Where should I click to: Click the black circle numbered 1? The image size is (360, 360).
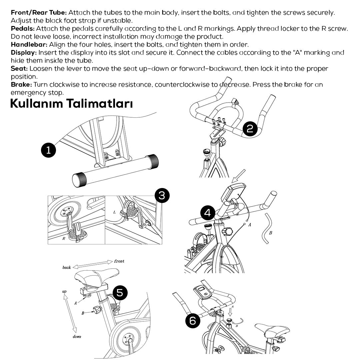pyautogui.click(x=49, y=150)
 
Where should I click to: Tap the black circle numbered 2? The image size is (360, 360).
pyautogui.click(x=250, y=129)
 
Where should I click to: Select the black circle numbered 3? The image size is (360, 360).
pyautogui.click(x=162, y=195)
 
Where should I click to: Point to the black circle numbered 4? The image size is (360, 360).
pyautogui.click(x=208, y=213)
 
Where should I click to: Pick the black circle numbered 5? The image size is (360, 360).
pyautogui.click(x=120, y=293)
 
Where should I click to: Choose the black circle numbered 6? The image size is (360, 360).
pyautogui.click(x=193, y=321)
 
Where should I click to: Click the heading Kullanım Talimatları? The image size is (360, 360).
pyautogui.click(x=71, y=103)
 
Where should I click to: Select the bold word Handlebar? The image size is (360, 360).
pyautogui.click(x=29, y=45)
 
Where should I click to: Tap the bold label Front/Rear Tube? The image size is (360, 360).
pyautogui.click(x=39, y=13)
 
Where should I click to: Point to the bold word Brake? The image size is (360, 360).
pyautogui.click(x=21, y=85)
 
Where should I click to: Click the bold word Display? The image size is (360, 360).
pyautogui.click(x=24, y=53)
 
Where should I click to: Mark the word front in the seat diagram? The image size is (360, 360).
pyautogui.click(x=119, y=261)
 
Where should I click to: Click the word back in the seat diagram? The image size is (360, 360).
pyautogui.click(x=67, y=268)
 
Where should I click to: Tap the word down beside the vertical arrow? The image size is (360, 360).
pyautogui.click(x=77, y=337)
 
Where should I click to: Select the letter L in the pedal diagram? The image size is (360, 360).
pyautogui.click(x=114, y=212)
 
